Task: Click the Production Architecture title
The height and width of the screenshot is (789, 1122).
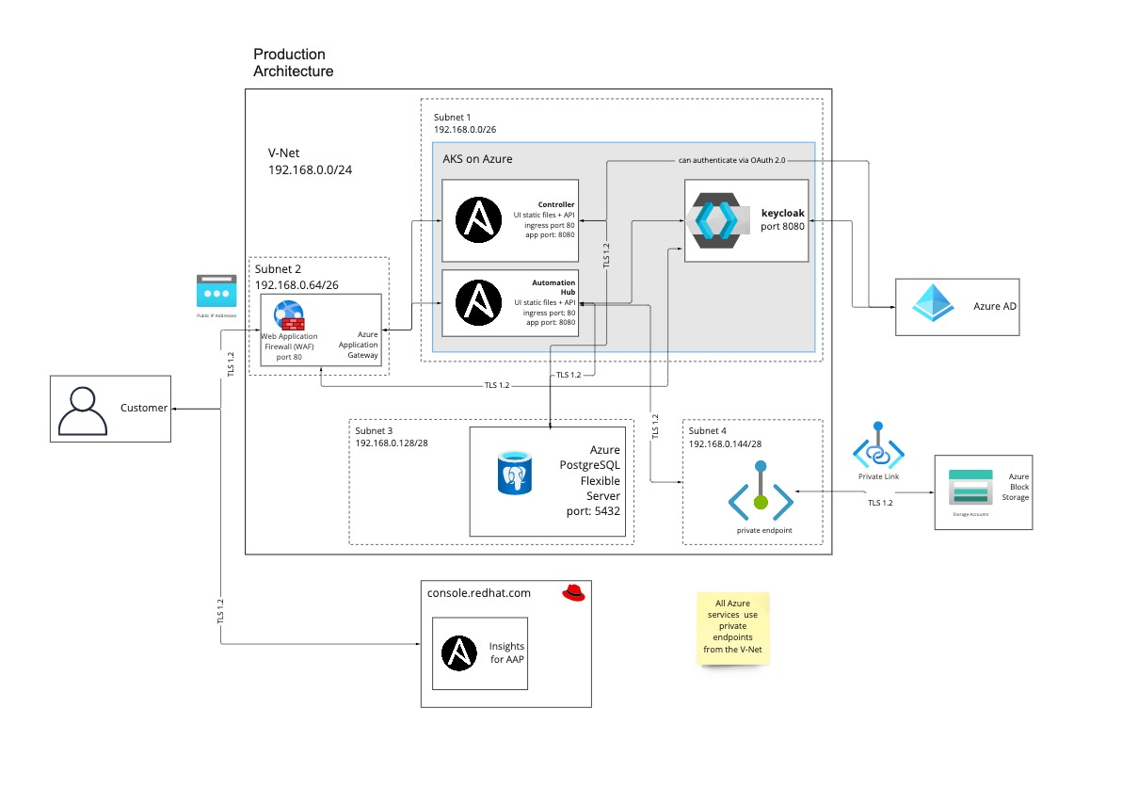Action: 293,63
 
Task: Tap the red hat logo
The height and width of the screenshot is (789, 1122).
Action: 574,592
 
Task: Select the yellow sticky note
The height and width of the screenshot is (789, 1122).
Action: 733,628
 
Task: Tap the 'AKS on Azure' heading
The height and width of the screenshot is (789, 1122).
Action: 477,159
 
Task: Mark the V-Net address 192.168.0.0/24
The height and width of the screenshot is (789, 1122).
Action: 310,170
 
